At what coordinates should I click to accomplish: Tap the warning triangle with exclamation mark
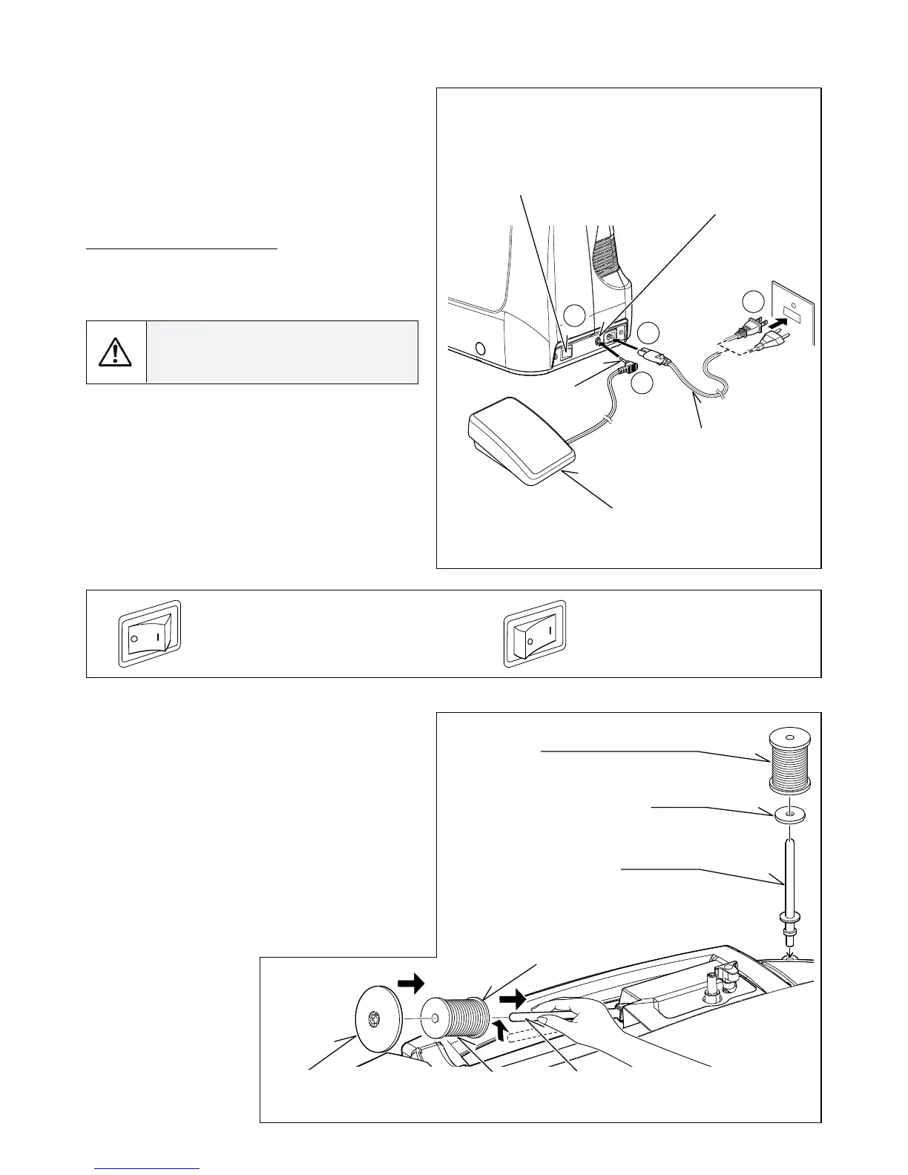[x=115, y=352]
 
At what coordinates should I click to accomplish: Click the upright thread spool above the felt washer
[x=790, y=759]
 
